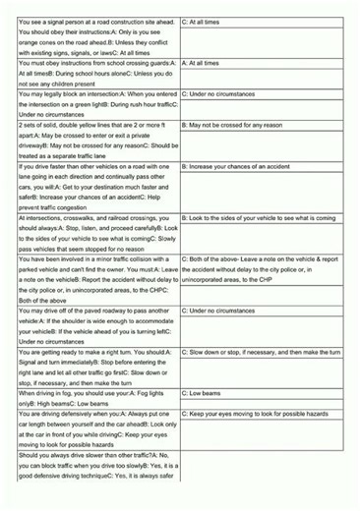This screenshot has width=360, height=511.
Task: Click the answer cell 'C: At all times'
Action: tap(207, 20)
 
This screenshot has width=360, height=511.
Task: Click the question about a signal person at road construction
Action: tap(98, 35)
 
